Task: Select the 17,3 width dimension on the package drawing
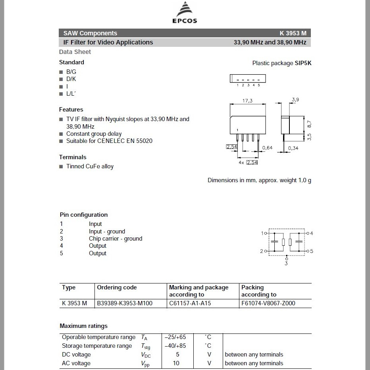tap(247, 101)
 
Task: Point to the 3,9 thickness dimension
tap(295, 100)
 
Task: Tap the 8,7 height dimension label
tap(309, 124)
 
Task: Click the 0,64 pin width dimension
tap(268, 148)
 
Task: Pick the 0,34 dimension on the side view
tap(293, 148)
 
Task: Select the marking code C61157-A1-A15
tap(190, 303)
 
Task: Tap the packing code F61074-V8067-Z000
tap(268, 303)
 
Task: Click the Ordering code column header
tap(117, 287)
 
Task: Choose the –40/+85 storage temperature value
tap(175, 346)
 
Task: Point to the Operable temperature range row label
tap(98, 337)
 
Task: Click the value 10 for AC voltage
tap(176, 363)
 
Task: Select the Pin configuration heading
tap(84, 215)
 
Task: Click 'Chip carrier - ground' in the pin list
tap(115, 239)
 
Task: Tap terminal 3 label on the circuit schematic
tap(286, 264)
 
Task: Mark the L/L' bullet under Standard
tap(71, 94)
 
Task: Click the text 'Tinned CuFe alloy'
tap(90, 166)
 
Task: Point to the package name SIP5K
tap(303, 63)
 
